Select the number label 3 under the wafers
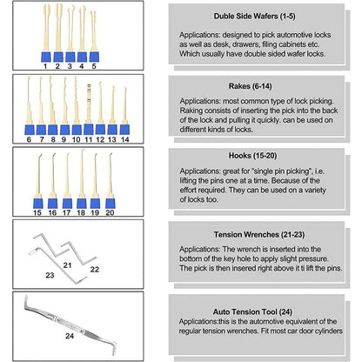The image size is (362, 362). click(69, 64)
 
